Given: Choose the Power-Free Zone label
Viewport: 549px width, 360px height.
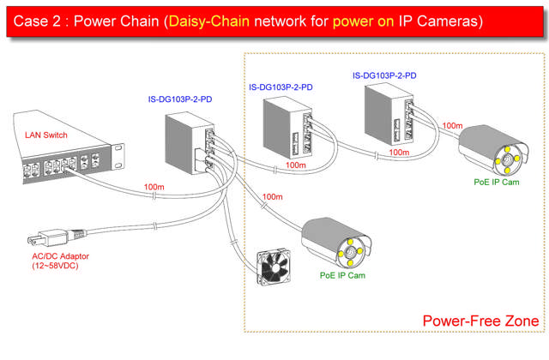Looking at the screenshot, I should coord(480,321).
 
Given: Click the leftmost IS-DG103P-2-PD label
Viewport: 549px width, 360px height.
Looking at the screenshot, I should coord(180,99).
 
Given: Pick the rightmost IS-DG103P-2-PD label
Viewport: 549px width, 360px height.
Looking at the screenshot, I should coord(384,75).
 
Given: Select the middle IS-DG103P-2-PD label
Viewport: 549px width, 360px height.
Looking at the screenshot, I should coord(281,87).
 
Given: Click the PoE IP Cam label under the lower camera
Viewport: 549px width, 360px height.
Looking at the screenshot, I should coord(342,275).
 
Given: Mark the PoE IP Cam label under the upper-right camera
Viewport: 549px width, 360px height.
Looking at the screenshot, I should coord(497,182).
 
